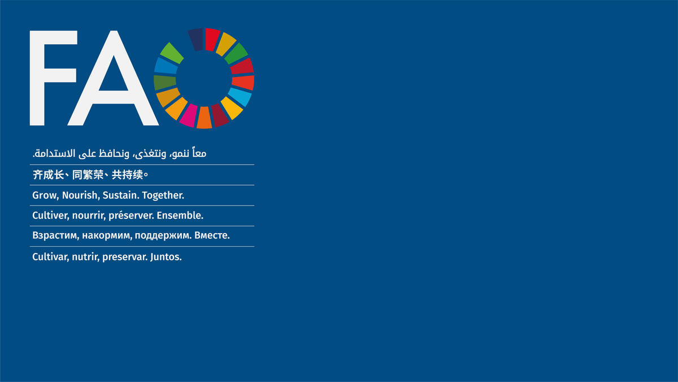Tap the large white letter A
(x=113, y=91)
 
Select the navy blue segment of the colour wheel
(x=196, y=40)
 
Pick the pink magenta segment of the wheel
(x=188, y=115)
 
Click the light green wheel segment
(x=172, y=53)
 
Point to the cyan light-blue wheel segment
(x=240, y=97)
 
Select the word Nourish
(x=81, y=195)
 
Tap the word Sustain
(x=121, y=195)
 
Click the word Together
(x=163, y=196)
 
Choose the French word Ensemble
(x=180, y=215)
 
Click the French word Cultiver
(x=51, y=215)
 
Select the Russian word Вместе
(x=212, y=235)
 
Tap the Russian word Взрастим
(x=56, y=236)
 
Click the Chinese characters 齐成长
(x=48, y=175)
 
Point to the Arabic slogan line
(x=120, y=153)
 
